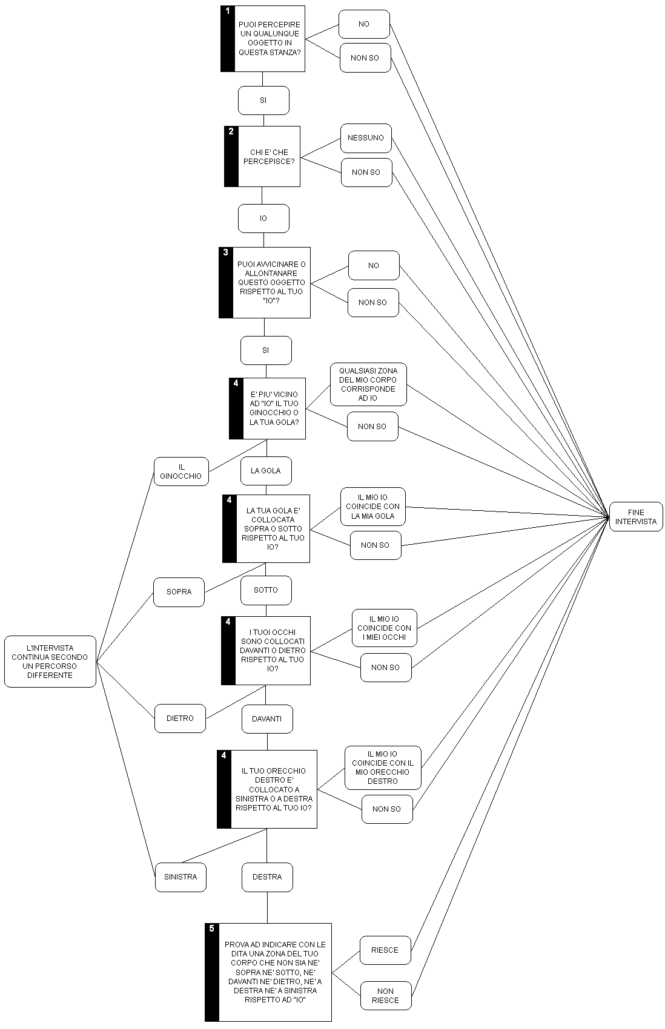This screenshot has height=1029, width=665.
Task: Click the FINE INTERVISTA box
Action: [636, 516]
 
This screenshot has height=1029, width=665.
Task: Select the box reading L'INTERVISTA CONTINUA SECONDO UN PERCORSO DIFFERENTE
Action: [50, 661]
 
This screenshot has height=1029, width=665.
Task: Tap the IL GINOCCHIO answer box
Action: [180, 472]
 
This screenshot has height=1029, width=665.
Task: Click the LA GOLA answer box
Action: [265, 470]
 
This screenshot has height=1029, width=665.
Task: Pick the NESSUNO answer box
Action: [366, 138]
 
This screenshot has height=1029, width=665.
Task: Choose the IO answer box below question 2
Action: [263, 218]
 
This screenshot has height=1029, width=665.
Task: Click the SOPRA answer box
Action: [179, 591]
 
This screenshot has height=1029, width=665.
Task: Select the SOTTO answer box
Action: [266, 590]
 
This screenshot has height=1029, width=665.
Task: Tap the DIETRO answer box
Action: [180, 718]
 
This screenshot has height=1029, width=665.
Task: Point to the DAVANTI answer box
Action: [267, 719]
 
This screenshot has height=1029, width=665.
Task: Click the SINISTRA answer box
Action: [180, 876]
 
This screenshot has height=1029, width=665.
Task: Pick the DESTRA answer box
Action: [267, 876]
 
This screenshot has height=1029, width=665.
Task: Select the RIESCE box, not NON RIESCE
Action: [385, 950]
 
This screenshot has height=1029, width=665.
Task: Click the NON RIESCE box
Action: [385, 996]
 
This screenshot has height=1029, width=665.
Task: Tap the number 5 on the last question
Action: [211, 929]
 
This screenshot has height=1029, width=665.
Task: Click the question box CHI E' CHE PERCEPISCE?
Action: [269, 157]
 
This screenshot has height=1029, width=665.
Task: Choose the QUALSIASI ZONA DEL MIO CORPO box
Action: [368, 384]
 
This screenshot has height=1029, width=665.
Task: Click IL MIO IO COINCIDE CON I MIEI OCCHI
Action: [384, 628]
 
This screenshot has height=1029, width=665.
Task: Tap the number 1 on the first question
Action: [227, 11]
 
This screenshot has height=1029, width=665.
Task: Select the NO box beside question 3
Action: [374, 265]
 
